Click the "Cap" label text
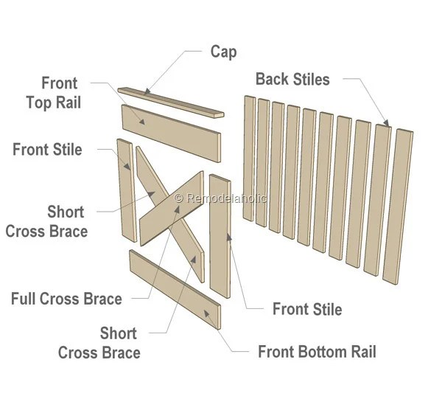[x=223, y=52]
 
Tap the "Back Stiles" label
[x=292, y=79]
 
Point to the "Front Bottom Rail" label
[x=317, y=351]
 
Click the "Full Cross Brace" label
[x=66, y=299]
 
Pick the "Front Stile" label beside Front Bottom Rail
[x=307, y=308]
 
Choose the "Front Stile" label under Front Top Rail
[x=47, y=150]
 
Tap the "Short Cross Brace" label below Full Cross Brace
[x=99, y=343]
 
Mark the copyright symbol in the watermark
[x=178, y=198]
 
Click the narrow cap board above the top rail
[x=172, y=102]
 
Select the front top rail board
[x=171, y=132]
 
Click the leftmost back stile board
[x=248, y=159]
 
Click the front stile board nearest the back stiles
[x=220, y=235]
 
